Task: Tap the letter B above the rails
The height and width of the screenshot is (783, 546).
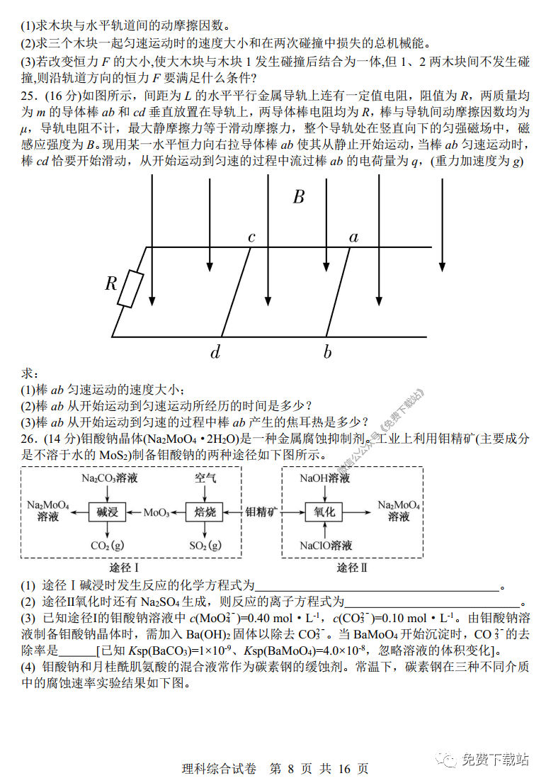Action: click(x=299, y=197)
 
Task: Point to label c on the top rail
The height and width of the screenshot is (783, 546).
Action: click(x=251, y=237)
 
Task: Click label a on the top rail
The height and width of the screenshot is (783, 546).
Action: click(x=353, y=237)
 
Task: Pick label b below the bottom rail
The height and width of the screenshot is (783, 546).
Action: click(x=327, y=352)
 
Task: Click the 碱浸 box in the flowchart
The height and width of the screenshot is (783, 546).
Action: click(x=106, y=512)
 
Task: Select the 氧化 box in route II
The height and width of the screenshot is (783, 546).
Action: click(x=324, y=512)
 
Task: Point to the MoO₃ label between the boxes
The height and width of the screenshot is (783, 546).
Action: click(x=157, y=512)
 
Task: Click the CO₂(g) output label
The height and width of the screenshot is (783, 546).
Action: click(x=107, y=546)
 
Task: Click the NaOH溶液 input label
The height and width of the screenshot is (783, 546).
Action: click(x=324, y=478)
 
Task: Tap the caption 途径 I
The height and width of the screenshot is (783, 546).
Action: click(x=125, y=568)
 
